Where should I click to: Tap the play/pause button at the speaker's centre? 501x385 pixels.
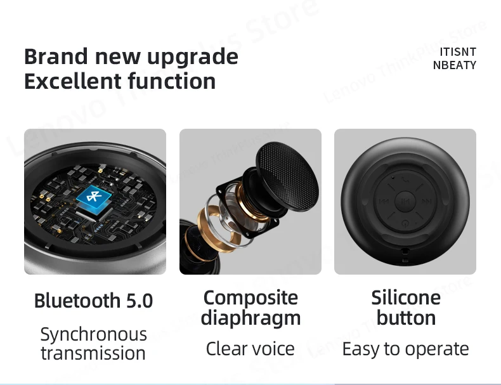pyautogui.click(x=405, y=202)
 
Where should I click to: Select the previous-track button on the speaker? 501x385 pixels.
pyautogui.click(x=383, y=202)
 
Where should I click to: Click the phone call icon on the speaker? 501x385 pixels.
pyautogui.click(x=405, y=181)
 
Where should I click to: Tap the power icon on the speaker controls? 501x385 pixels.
pyautogui.click(x=405, y=223)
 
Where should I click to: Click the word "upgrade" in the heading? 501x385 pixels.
pyautogui.click(x=193, y=56)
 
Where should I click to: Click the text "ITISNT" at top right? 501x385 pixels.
pyautogui.click(x=457, y=51)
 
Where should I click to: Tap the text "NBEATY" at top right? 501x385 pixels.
pyautogui.click(x=454, y=65)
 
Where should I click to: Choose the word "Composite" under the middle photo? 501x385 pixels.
pyautogui.click(x=251, y=297)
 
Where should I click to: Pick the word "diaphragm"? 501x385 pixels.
pyautogui.click(x=251, y=318)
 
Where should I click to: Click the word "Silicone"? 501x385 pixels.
pyautogui.click(x=406, y=297)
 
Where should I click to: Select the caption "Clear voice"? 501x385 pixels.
pyautogui.click(x=251, y=348)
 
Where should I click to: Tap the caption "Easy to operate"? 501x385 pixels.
pyautogui.click(x=406, y=348)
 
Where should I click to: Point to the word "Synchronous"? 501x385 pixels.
pyautogui.click(x=93, y=334)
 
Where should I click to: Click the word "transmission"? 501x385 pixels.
pyautogui.click(x=93, y=353)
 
